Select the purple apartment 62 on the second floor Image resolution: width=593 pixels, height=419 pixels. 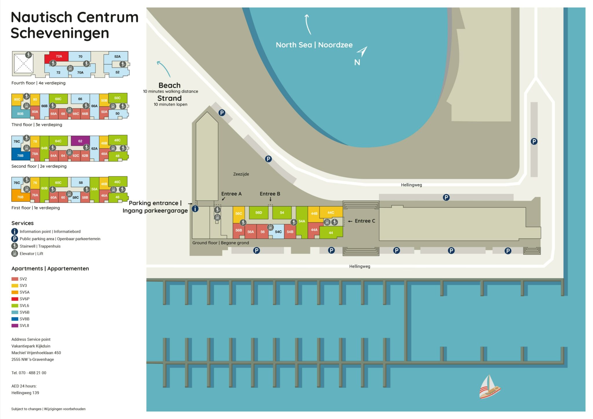tap(80, 141)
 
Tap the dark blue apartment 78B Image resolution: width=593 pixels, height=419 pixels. tap(20, 155)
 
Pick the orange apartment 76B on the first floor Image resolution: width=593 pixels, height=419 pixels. tap(20, 197)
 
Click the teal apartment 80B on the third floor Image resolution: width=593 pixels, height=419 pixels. tap(20, 113)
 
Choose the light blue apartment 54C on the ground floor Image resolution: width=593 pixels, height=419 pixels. tap(278, 232)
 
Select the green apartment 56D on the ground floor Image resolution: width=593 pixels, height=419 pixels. tap(259, 213)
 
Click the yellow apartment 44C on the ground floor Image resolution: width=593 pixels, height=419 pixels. tap(331, 213)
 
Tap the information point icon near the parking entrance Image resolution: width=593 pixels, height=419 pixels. tap(195, 209)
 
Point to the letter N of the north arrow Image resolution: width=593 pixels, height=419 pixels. tap(357, 62)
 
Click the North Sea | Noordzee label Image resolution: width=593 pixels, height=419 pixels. tap(314, 45)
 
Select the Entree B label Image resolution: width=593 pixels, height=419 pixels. tap(270, 194)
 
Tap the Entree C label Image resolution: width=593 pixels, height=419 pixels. tap(365, 221)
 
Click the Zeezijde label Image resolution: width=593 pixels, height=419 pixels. tap(241, 174)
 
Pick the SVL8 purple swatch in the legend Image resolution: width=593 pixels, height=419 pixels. tap(15, 326)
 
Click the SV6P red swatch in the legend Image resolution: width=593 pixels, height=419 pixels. tap(15, 299)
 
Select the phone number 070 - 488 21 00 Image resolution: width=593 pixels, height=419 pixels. tap(32, 373)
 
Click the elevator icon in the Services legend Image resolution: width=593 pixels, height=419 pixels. tap(14, 253)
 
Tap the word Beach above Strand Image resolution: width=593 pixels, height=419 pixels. tap(169, 85)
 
